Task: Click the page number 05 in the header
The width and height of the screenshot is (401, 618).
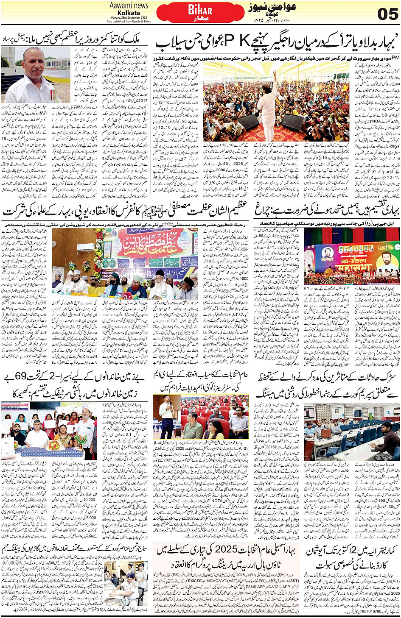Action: point(387,14)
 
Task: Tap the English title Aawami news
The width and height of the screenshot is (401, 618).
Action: point(129,6)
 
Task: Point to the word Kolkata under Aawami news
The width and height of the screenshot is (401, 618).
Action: point(129,13)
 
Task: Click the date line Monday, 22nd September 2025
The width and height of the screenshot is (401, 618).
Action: point(129,17)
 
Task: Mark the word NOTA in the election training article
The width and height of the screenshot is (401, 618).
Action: point(217,500)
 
